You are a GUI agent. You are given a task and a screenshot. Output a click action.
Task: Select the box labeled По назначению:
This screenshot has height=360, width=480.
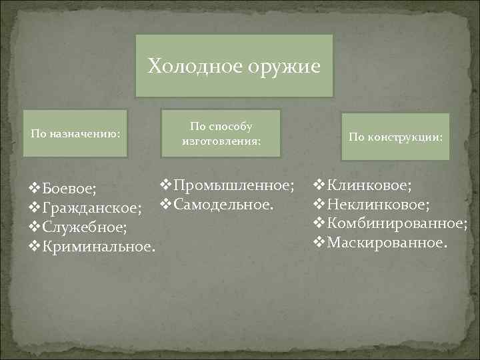pyautogui.click(x=76, y=133)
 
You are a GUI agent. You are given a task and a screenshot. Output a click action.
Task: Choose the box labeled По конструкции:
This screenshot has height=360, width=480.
pyautogui.click(x=395, y=137)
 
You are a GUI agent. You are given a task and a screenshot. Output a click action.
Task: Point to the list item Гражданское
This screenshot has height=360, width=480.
pyautogui.click(x=92, y=209)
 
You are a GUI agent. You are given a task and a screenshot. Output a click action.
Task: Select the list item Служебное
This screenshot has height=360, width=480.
pyautogui.click(x=84, y=228)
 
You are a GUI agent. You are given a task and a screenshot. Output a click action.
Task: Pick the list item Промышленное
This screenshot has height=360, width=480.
pyautogui.click(x=233, y=183)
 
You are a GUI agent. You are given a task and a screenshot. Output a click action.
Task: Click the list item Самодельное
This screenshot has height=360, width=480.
pyautogui.click(x=223, y=203)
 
